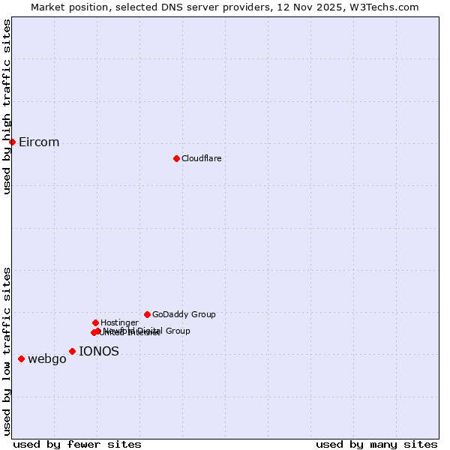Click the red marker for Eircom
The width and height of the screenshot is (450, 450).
coord(12,142)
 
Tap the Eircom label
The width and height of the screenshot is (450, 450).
coord(39,142)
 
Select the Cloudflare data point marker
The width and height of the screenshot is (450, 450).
coord(176,158)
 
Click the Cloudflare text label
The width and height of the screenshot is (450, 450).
coord(202,158)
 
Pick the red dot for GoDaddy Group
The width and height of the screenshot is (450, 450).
coord(147,314)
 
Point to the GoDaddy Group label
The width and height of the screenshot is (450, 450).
coord(184,315)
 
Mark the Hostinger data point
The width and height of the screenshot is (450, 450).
coord(95,322)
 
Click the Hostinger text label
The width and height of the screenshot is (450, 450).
coord(119,322)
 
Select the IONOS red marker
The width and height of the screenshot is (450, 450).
coord(72,351)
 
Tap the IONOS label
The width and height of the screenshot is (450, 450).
coord(99,351)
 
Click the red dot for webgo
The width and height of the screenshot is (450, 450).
coord(21,358)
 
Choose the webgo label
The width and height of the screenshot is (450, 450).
coord(47,359)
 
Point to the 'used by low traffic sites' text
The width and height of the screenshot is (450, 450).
coord(7,351)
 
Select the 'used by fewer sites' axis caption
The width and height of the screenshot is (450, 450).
coord(77,444)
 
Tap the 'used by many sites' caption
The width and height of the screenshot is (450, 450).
coord(376,444)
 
